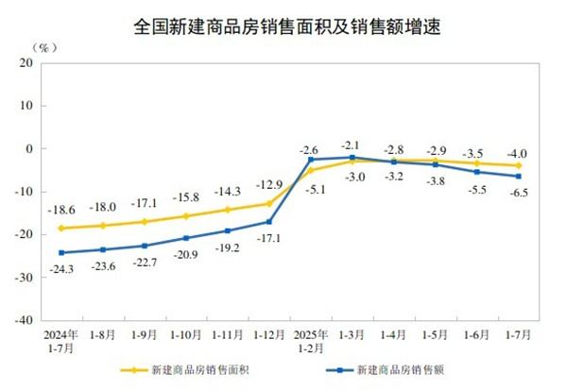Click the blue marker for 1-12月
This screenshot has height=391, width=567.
coord(268,222)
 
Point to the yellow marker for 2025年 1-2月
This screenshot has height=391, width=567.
coord(310,170)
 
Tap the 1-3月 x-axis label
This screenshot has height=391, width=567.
coord(352,333)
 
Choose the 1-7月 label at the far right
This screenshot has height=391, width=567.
coord(517,333)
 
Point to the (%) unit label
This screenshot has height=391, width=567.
coord(43,45)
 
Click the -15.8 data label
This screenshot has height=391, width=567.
coord(186,197)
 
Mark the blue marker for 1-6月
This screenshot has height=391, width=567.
coord(476,172)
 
